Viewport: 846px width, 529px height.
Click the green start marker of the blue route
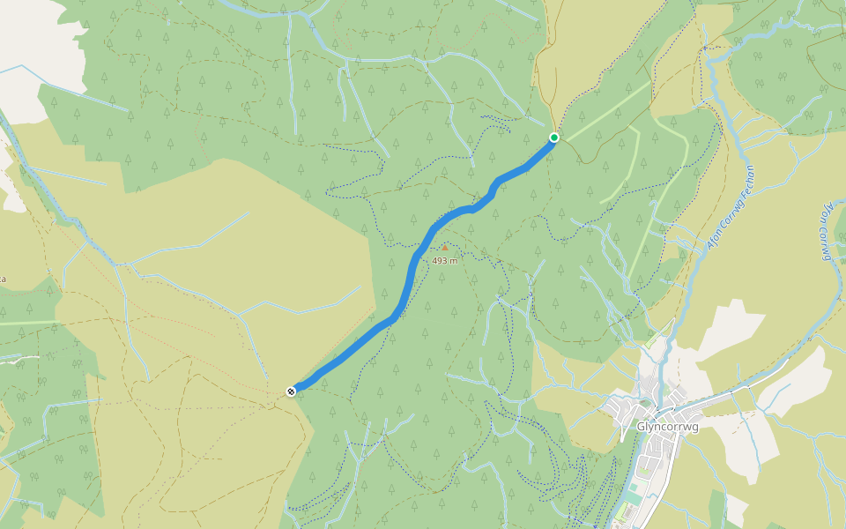coord(554,138)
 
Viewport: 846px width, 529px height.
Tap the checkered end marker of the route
coord(291,391)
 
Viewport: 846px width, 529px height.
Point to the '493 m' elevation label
coord(445,261)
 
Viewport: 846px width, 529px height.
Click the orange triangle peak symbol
coord(445,248)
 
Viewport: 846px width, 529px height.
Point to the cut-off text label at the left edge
coord(3,279)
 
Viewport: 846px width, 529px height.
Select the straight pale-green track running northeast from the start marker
coord(604,111)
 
